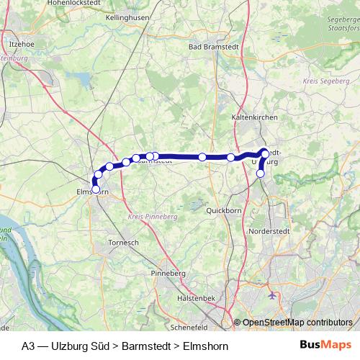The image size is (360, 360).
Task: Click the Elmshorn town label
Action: point(93,193)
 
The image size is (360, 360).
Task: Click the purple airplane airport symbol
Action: point(271,295)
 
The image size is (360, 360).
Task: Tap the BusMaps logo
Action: point(325,346)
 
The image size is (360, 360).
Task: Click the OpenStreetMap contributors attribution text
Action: point(295,323)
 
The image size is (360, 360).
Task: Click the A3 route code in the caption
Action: point(28,346)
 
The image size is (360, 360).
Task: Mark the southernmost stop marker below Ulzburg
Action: point(261,173)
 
